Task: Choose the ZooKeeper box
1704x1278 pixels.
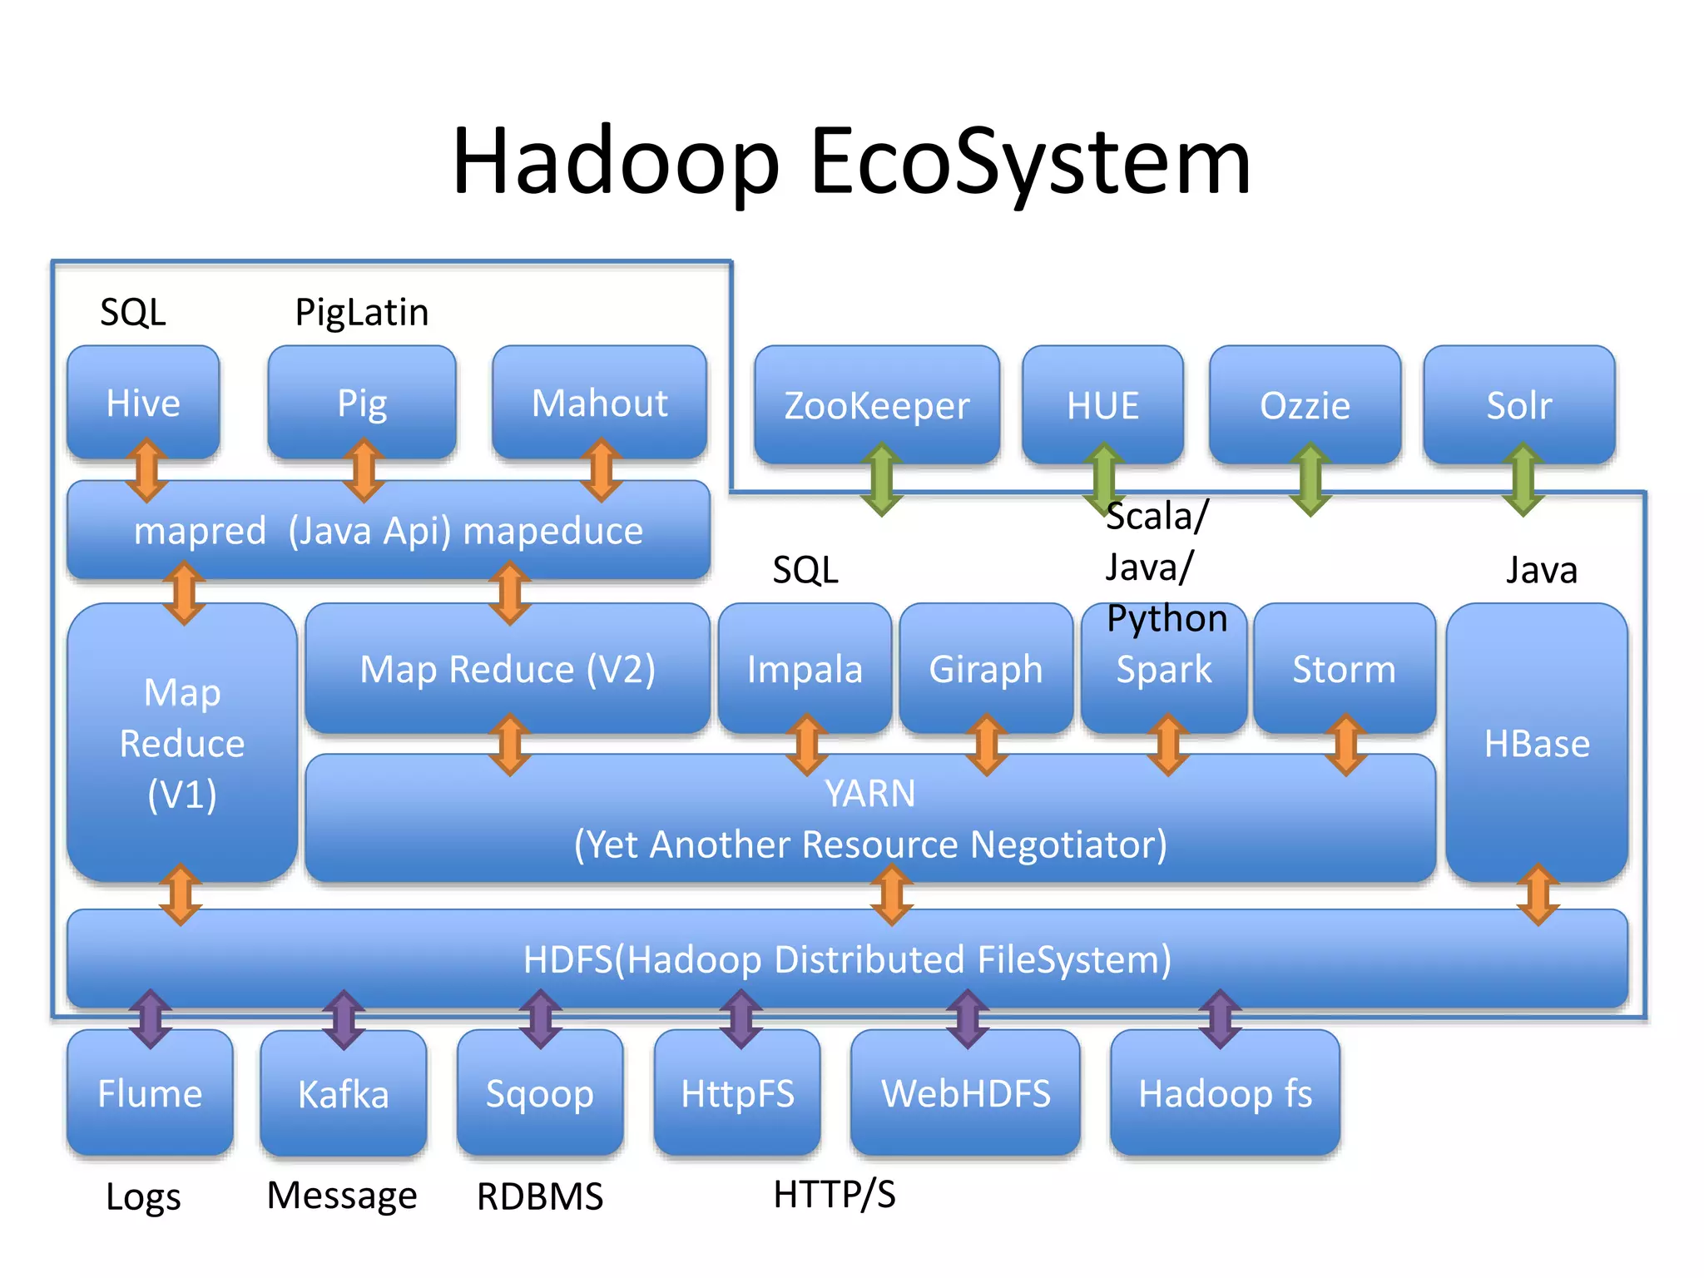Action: coord(876,404)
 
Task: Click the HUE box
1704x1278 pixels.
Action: coord(1102,404)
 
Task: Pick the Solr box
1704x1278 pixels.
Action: coord(1518,404)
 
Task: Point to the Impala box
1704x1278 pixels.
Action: coord(805,667)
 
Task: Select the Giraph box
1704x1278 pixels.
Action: coord(986,667)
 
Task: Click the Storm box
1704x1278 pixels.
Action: coord(1344,667)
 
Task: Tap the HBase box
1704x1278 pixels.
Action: coord(1537,742)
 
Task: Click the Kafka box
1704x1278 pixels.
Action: coord(343,1092)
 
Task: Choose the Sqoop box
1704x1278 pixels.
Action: coord(540,1092)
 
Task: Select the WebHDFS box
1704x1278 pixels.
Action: coord(965,1092)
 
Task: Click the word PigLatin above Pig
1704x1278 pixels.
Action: coord(362,312)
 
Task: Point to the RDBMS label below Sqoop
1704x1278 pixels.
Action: coord(540,1196)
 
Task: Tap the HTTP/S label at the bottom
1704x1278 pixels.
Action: coord(835,1194)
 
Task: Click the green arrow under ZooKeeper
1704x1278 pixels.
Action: coord(881,479)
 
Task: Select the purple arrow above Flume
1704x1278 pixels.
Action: coord(151,1018)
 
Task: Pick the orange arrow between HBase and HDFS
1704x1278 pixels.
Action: coord(1538,894)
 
